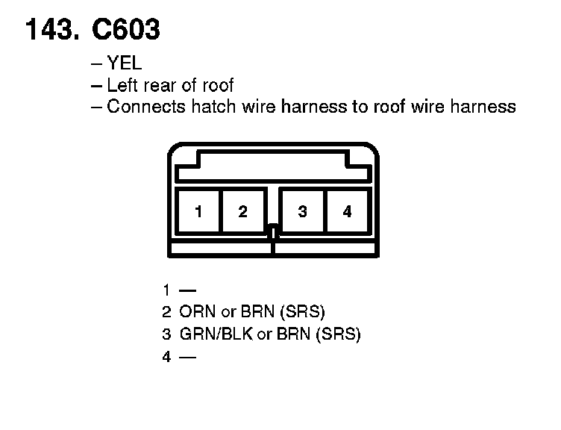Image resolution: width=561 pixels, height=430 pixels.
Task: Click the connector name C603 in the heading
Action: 125,30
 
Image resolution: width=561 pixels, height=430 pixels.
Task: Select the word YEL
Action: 125,64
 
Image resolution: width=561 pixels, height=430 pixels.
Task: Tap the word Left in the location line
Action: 122,85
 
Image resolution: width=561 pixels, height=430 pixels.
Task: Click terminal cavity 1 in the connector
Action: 198,211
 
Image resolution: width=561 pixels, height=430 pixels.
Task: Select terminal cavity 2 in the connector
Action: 243,211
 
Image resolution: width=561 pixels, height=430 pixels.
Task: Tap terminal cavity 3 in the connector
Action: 302,211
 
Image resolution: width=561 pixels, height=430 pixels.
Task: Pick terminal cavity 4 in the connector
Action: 347,211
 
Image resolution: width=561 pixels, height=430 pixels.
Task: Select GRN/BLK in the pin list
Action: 216,334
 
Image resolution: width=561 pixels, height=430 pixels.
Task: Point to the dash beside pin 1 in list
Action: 187,289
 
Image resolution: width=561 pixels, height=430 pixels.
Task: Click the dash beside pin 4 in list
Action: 187,357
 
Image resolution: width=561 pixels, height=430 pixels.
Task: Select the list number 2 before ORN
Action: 166,311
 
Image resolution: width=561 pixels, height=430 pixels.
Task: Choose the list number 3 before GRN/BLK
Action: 166,334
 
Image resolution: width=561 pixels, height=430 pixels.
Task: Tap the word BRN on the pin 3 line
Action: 293,334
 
